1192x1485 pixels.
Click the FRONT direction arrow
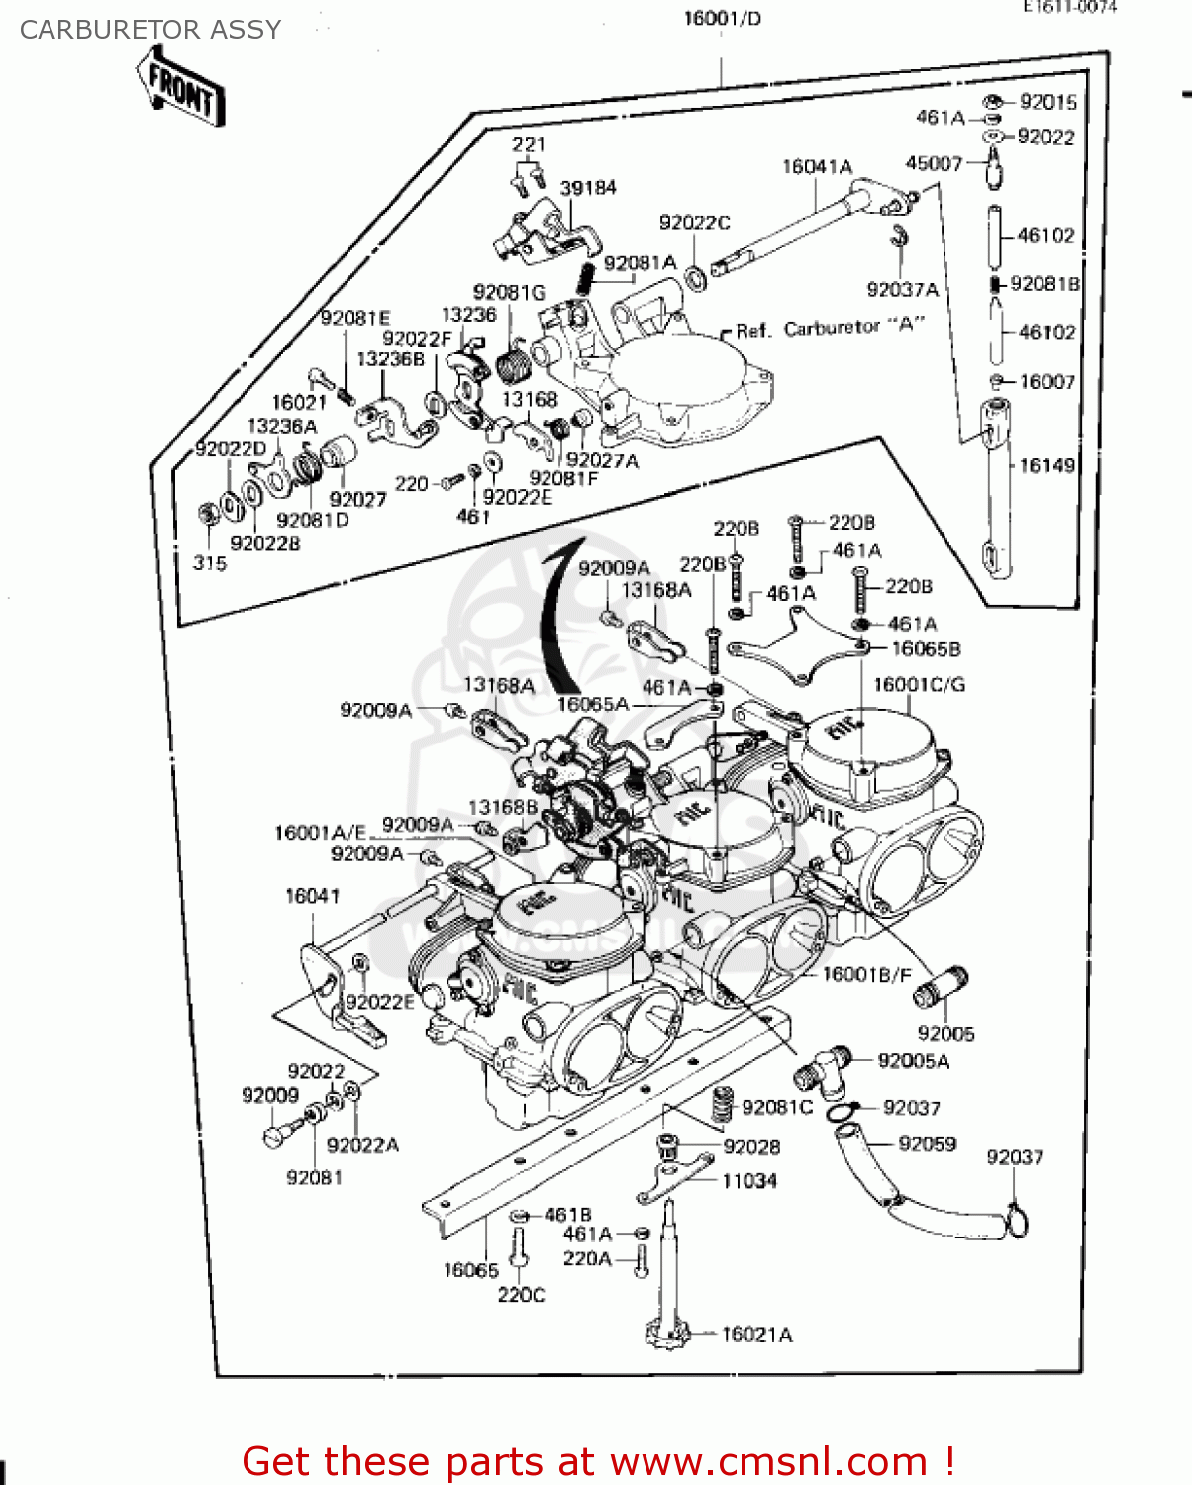click(x=180, y=87)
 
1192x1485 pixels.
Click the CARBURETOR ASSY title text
click(x=150, y=30)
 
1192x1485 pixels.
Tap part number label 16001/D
click(x=722, y=19)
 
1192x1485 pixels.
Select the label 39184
click(x=588, y=188)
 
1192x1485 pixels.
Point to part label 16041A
click(x=817, y=167)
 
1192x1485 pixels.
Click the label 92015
click(x=1047, y=102)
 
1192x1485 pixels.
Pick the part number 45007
click(x=934, y=163)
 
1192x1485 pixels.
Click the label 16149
click(x=1046, y=465)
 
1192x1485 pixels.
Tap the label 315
click(x=210, y=563)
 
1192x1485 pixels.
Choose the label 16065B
click(x=926, y=649)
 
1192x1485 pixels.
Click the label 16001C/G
click(x=919, y=685)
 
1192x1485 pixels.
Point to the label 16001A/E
click(x=320, y=833)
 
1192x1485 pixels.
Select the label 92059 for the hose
click(x=927, y=1144)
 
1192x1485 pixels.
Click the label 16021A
click(x=756, y=1336)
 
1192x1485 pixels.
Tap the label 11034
click(x=749, y=1181)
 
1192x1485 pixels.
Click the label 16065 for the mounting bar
click(x=470, y=1270)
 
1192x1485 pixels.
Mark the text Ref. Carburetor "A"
click(x=830, y=328)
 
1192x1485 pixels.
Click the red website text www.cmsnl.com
click(x=768, y=1461)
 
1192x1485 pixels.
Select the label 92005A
click(x=913, y=1061)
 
